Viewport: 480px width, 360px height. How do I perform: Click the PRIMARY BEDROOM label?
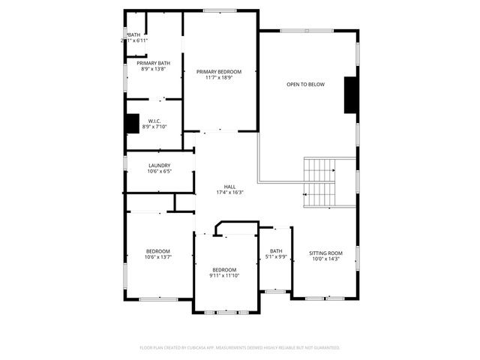[219, 71]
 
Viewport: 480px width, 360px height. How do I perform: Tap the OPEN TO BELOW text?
[305, 84]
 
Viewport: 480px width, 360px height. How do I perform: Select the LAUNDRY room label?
[159, 166]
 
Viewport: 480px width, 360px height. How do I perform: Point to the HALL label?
[229, 187]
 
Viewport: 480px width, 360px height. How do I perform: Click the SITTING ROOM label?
[325, 253]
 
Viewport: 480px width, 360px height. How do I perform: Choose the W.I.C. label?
[154, 121]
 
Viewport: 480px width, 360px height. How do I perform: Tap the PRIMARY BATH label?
[153, 63]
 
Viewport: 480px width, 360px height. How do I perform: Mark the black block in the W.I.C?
[132, 122]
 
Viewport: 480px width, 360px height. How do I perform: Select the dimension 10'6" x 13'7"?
[157, 257]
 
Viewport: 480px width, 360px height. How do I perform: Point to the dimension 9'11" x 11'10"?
[224, 276]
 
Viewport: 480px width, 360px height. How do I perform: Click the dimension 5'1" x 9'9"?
[276, 257]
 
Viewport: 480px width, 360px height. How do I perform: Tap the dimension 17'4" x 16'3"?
[229, 193]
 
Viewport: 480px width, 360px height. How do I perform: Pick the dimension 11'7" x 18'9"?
[219, 77]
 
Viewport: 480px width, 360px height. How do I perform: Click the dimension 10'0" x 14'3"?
[325, 259]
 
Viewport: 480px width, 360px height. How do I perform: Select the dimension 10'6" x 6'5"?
[159, 172]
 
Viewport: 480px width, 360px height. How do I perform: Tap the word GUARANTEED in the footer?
[325, 348]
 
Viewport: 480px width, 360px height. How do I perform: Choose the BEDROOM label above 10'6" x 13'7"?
[157, 251]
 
